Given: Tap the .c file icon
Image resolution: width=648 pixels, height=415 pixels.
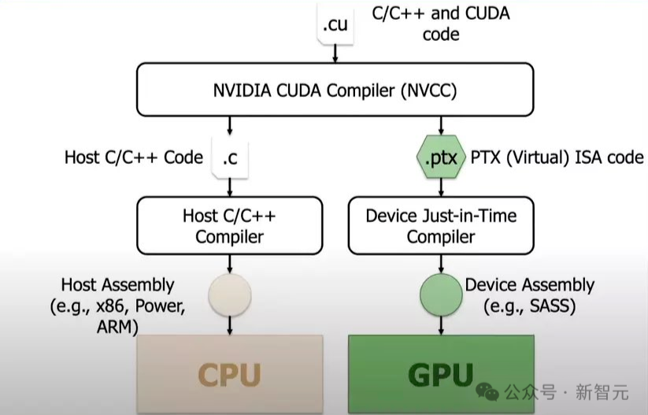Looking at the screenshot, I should tap(229, 157).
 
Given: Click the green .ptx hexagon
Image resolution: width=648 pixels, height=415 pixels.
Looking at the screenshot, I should tap(441, 157).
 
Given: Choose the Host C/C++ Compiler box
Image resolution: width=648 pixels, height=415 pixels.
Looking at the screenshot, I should tap(229, 225).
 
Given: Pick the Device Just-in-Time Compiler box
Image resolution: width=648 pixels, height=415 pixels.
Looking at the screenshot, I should tap(441, 225).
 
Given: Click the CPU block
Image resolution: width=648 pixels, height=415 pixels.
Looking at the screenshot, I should tap(229, 373).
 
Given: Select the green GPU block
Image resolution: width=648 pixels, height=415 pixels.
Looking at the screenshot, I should tap(441, 373).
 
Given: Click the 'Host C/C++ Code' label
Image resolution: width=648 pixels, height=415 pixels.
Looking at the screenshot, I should tap(133, 157).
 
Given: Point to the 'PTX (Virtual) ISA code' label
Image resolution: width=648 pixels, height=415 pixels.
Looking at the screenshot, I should tap(557, 157).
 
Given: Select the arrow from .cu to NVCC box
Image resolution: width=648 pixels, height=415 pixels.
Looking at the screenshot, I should tap(335, 54).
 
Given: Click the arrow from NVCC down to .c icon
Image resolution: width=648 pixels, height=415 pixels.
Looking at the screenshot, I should tap(229, 125).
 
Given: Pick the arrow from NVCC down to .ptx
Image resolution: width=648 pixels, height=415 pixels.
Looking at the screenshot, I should tap(441, 125).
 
